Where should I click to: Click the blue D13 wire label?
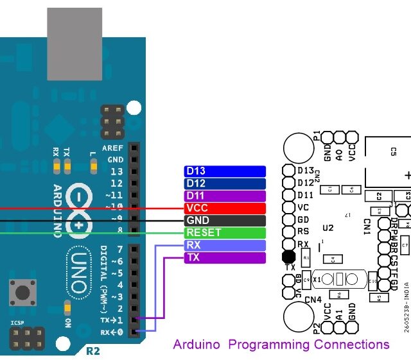click(x=225, y=171)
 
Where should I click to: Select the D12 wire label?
click(x=225, y=184)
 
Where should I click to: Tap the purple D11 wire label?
click(x=225, y=196)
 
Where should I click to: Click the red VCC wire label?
click(x=225, y=209)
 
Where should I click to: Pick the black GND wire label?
click(x=225, y=221)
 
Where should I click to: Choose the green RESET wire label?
click(x=225, y=233)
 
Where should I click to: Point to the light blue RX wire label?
click(x=225, y=245)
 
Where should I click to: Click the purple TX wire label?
click(x=225, y=258)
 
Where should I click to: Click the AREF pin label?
click(x=112, y=148)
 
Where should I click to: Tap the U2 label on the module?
click(x=329, y=228)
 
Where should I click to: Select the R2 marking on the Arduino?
click(x=94, y=350)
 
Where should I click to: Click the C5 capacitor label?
click(x=393, y=151)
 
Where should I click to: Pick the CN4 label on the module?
click(x=313, y=299)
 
